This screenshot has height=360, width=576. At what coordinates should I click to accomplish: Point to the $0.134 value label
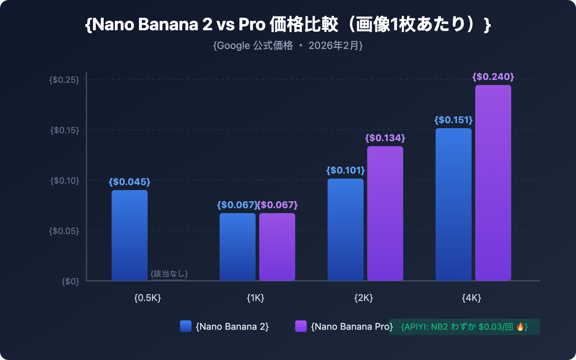click(x=385, y=138)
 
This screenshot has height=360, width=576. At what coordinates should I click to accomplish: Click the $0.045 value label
click(x=130, y=182)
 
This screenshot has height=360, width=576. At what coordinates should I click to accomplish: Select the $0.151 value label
click(x=454, y=120)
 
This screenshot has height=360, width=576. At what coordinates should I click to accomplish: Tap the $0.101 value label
click(x=346, y=170)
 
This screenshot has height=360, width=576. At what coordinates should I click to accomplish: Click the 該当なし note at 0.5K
click(x=169, y=274)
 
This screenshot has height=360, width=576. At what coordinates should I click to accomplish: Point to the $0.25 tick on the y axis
click(x=64, y=80)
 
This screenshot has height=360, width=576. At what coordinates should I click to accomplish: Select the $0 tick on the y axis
click(x=70, y=281)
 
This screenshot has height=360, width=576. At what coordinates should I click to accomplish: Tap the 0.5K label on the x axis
click(x=148, y=298)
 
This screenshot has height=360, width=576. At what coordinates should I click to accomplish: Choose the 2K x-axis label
click(x=364, y=298)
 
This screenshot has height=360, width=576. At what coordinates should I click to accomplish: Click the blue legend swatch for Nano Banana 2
click(x=186, y=326)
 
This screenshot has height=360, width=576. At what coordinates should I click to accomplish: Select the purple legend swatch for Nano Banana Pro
click(x=301, y=326)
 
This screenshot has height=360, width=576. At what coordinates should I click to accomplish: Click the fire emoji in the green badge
click(x=520, y=327)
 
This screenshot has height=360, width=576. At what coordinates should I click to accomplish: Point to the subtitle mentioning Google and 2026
click(x=288, y=46)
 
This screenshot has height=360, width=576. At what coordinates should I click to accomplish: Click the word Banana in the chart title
click(x=168, y=24)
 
